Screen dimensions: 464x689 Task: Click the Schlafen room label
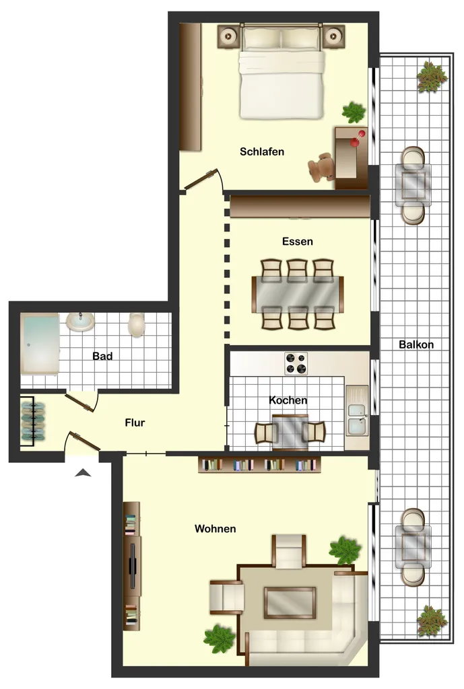coord(262,151)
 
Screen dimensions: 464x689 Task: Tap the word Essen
coord(297,242)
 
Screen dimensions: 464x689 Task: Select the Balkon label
coord(416,344)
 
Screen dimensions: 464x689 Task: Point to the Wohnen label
coord(215,529)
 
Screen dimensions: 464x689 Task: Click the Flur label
coord(135,423)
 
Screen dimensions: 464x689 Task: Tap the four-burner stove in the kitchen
coord(296,363)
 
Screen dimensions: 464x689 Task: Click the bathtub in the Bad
coord(40,344)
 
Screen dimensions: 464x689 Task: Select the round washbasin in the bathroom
coord(80,322)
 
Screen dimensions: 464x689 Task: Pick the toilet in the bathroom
coord(136,325)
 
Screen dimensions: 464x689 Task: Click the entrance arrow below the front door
coord(83,473)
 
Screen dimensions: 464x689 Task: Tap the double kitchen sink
coord(357,410)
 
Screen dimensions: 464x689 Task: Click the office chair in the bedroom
coord(321,168)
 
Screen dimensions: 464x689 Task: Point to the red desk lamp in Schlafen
coord(358,137)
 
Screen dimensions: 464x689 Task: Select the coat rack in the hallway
coord(33,421)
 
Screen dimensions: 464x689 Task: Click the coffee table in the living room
coord(290,603)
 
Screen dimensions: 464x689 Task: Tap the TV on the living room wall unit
coord(133,567)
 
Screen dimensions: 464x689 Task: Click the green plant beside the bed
coord(354,112)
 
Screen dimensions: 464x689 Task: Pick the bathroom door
coord(79,403)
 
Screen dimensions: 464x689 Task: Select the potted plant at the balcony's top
coord(432,77)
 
